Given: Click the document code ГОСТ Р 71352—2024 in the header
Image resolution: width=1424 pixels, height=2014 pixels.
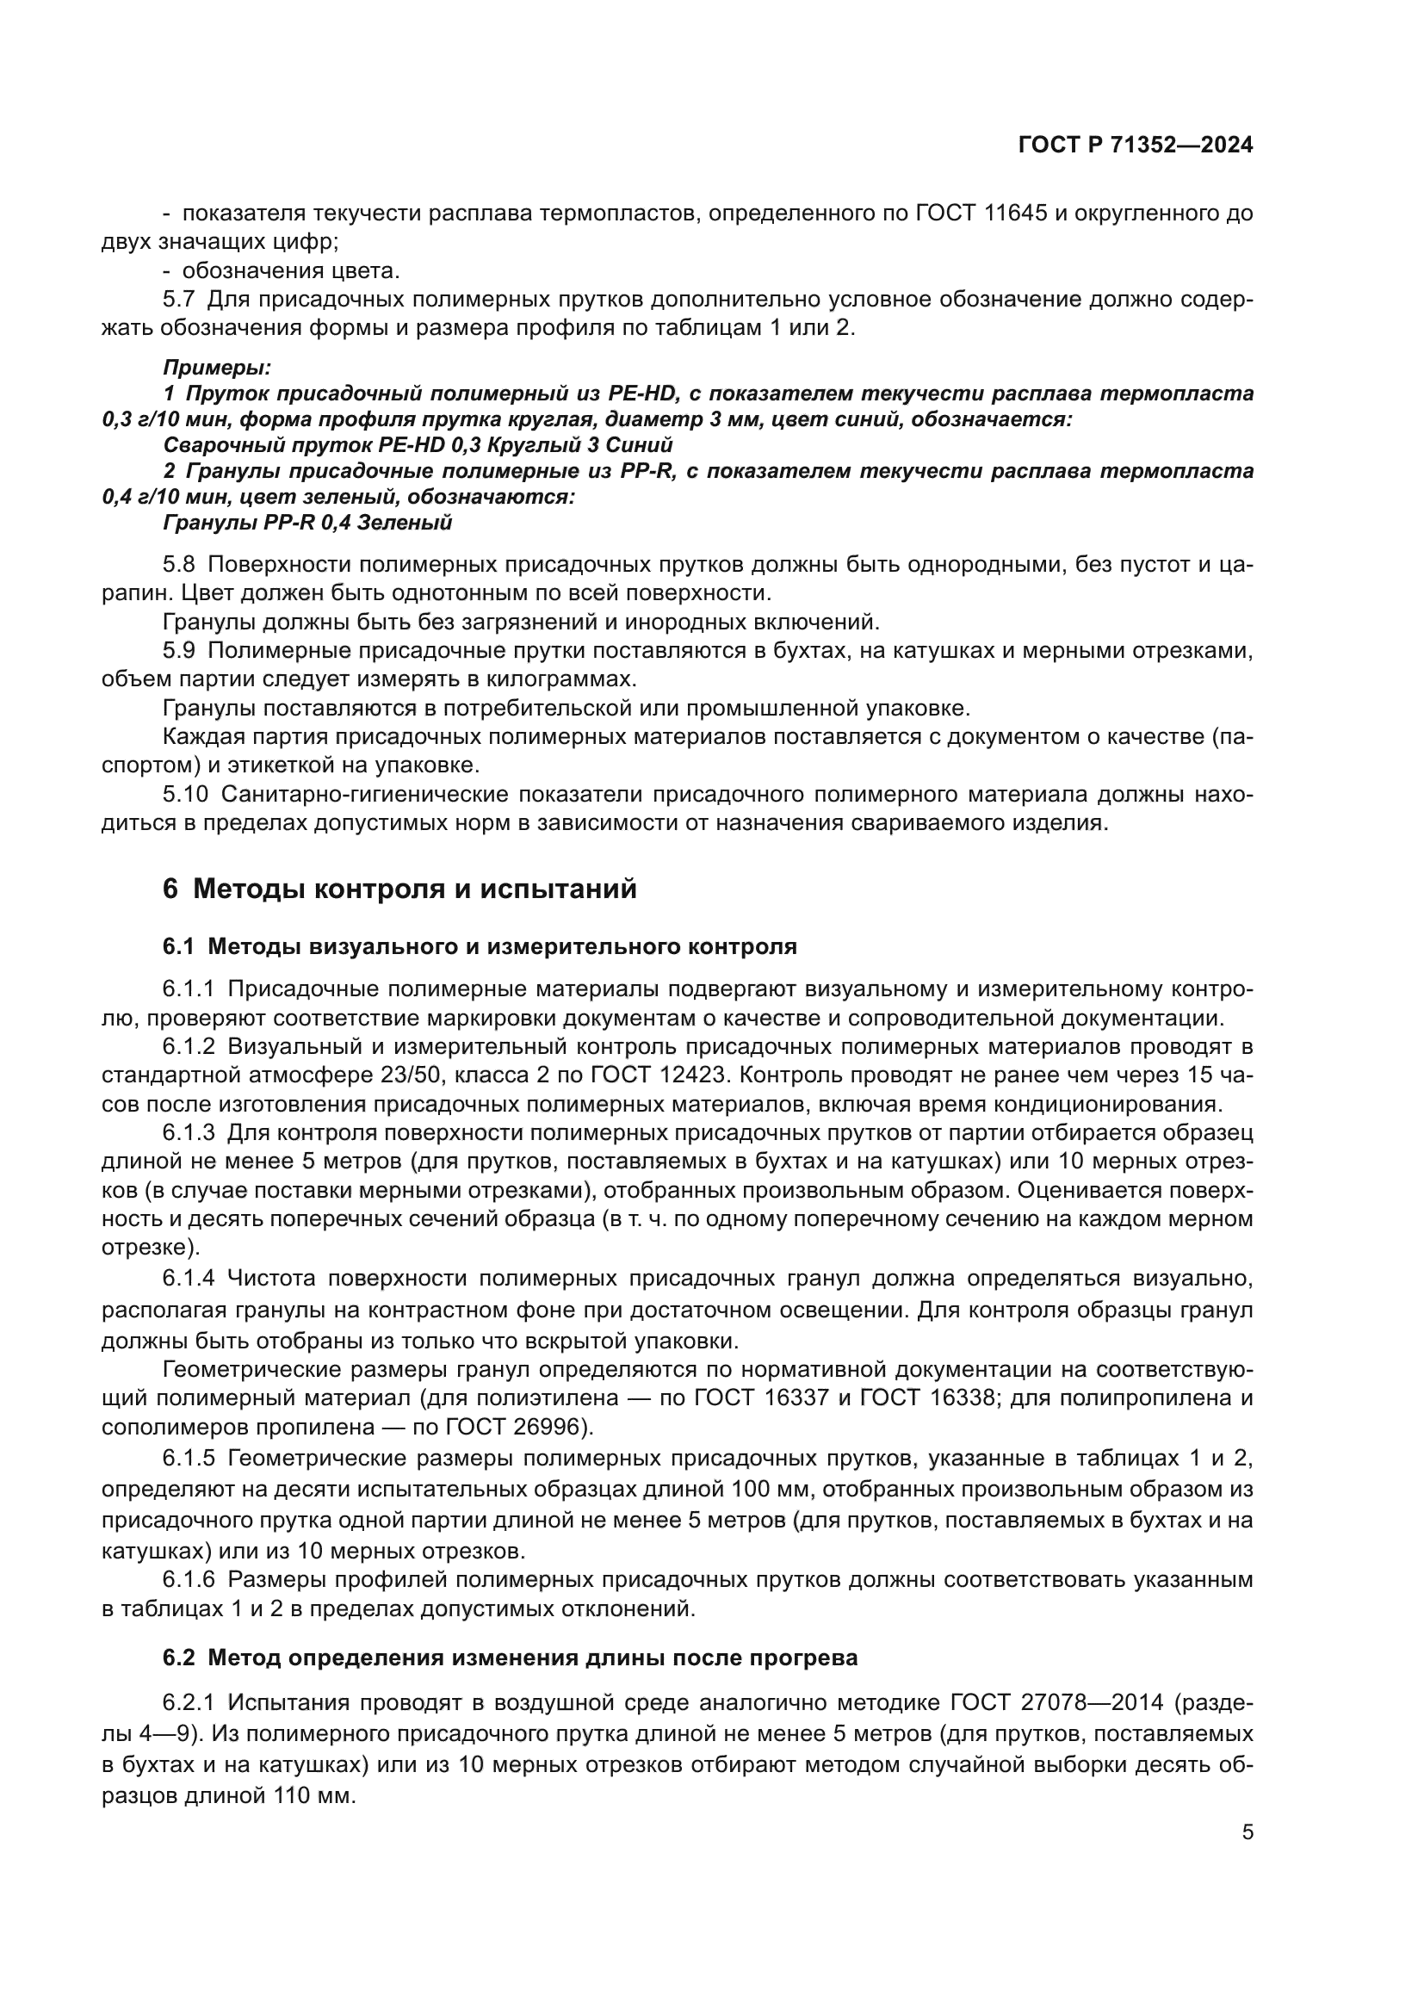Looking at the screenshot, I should click(x=1135, y=146).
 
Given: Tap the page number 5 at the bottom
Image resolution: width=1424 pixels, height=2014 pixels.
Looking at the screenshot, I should click(x=1247, y=1832).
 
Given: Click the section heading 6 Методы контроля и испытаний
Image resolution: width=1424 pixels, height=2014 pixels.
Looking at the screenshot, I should click(x=399, y=889).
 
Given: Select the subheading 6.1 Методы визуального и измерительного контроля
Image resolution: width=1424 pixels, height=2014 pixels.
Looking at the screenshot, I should click(x=479, y=946).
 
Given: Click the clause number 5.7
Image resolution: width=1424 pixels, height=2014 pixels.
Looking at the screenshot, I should click(x=178, y=299).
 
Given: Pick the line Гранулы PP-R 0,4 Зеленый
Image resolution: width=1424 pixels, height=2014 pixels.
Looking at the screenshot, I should click(x=306, y=523).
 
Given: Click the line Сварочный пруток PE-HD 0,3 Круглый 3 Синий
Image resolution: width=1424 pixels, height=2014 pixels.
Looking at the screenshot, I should click(x=418, y=446).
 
